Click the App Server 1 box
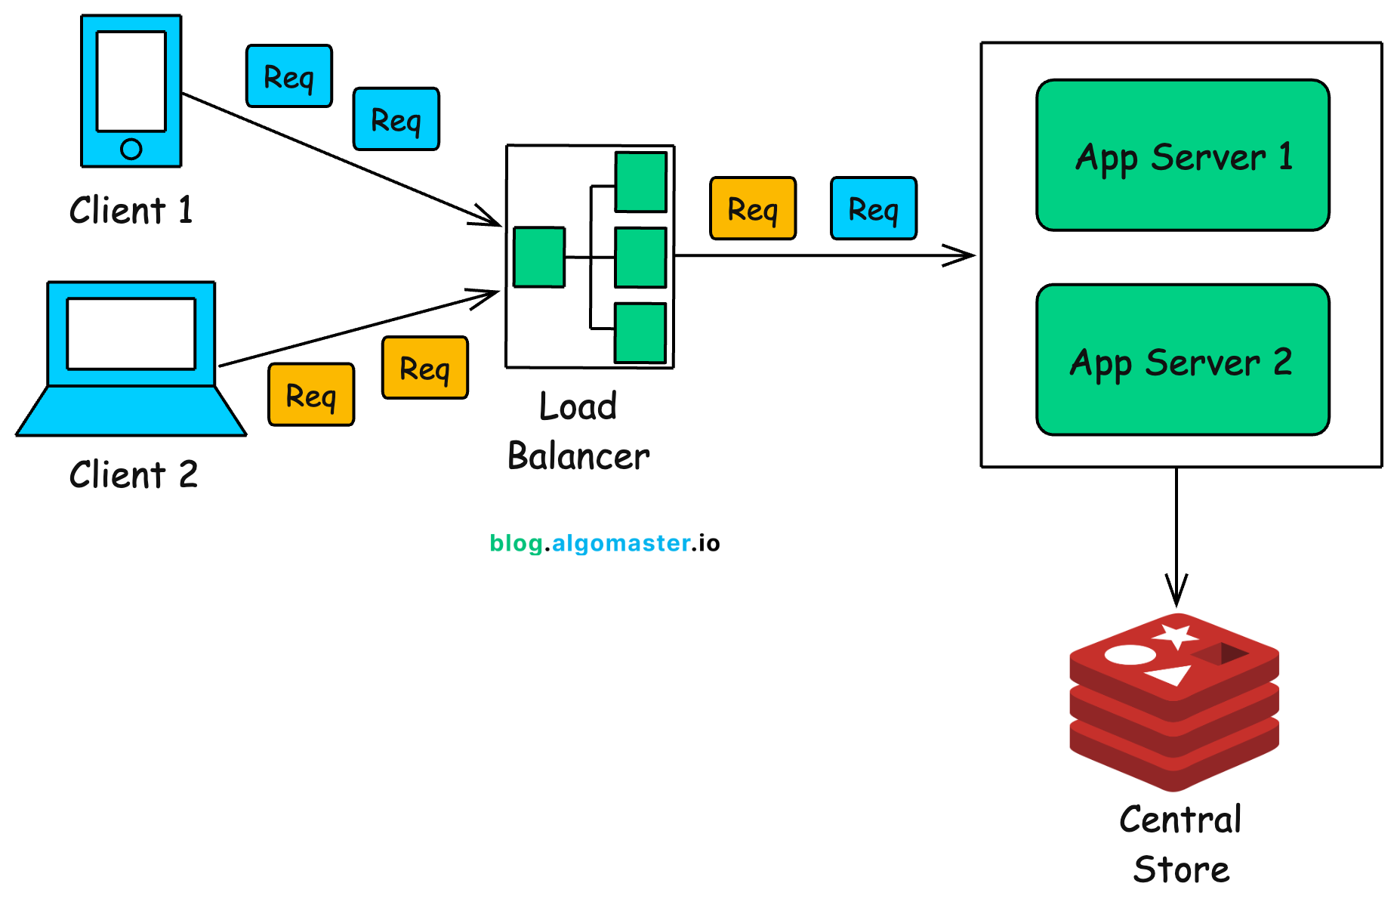pos(1183,155)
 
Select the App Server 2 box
pos(1183,360)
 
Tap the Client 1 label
pos(131,210)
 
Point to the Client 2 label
pos(134,475)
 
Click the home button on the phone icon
pos(131,149)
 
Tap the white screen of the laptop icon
pos(131,333)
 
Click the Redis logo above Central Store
pos(1174,703)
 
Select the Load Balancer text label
pos(578,431)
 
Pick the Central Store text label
pos(1181,844)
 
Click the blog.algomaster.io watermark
pos(604,543)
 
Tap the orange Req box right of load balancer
pos(753,208)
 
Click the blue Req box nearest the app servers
pos(874,208)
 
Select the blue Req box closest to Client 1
pos(289,76)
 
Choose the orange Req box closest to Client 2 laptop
pos(311,395)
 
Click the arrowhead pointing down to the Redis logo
pos(1176,593)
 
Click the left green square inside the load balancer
pos(539,257)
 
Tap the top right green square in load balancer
pos(640,182)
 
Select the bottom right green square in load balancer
pos(640,332)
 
